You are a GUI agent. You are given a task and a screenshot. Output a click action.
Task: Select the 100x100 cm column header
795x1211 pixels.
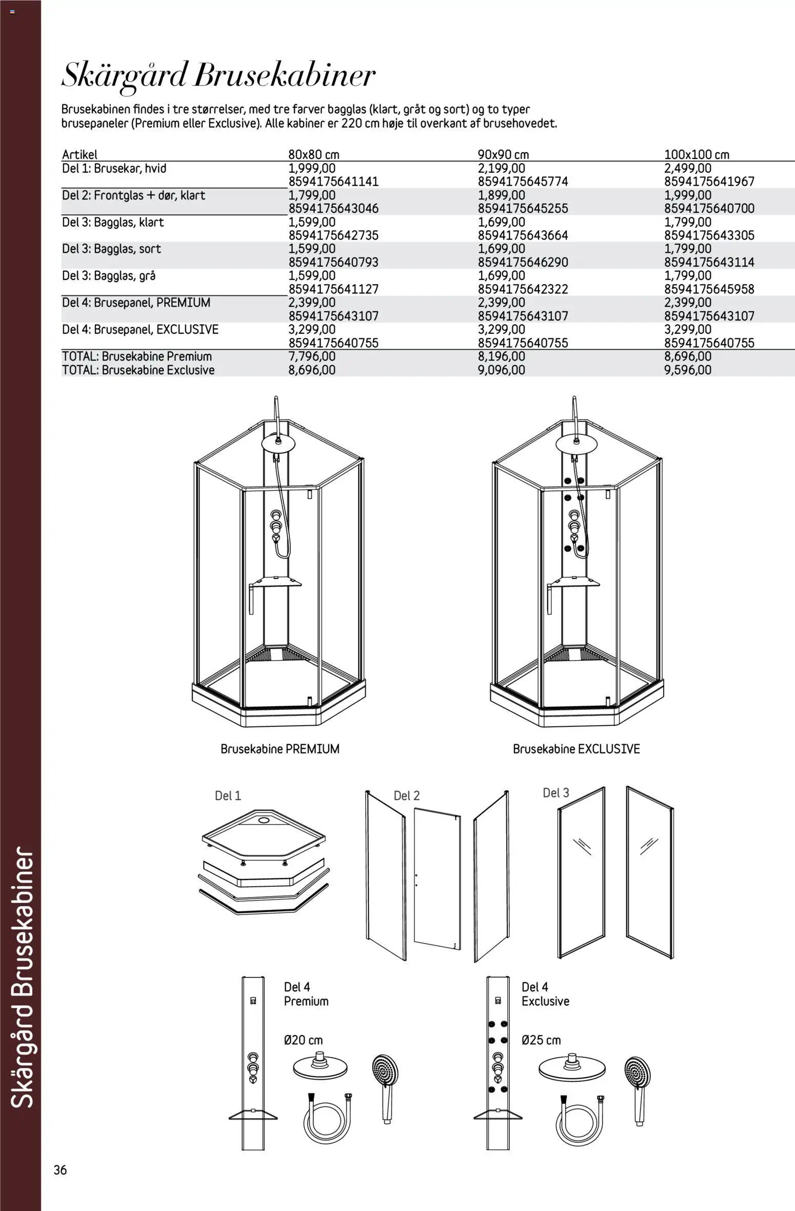tap(697, 154)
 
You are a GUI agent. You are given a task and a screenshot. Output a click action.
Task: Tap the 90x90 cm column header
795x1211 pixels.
tap(503, 154)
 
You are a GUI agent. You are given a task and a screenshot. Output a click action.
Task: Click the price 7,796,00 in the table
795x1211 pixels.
tap(312, 356)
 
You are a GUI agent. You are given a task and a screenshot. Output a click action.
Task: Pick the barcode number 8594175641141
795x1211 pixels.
tap(333, 182)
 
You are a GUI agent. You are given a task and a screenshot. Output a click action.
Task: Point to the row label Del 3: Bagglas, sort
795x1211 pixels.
tap(111, 249)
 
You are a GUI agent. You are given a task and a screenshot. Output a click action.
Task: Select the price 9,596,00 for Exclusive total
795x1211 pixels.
tap(688, 370)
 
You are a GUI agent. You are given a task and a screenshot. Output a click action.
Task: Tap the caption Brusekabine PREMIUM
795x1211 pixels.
tap(280, 749)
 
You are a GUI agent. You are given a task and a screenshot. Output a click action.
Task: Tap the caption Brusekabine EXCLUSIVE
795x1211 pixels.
tap(577, 749)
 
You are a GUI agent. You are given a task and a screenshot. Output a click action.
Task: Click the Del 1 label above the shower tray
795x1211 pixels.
tap(228, 796)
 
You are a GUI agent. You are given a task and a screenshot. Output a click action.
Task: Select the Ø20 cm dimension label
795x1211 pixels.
tap(304, 1040)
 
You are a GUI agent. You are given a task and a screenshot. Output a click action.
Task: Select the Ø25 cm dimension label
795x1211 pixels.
tap(541, 1040)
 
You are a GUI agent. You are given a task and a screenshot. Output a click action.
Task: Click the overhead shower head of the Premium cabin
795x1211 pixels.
tap(277, 443)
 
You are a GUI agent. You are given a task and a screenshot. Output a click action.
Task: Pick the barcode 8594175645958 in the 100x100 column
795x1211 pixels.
tap(709, 289)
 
